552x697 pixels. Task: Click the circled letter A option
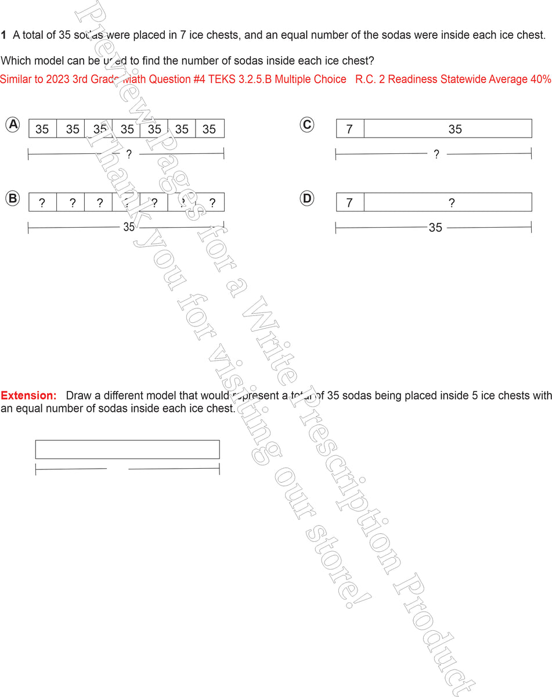[13, 124]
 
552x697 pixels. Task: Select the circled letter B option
[13, 199]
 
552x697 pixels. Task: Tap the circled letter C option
[307, 124]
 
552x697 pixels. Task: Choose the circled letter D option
[307, 199]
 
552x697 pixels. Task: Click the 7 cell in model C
[349, 129]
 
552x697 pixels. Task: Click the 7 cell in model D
[349, 203]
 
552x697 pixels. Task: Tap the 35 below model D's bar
[435, 228]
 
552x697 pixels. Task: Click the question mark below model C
[436, 154]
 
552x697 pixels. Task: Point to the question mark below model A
[129, 154]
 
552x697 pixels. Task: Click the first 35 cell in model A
[42, 129]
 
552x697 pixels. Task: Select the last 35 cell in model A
[209, 129]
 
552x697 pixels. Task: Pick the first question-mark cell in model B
[42, 203]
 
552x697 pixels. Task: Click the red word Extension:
[28, 396]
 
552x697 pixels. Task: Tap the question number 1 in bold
[3, 35]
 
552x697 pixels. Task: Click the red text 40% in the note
[540, 79]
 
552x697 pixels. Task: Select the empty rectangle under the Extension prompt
[127, 450]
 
